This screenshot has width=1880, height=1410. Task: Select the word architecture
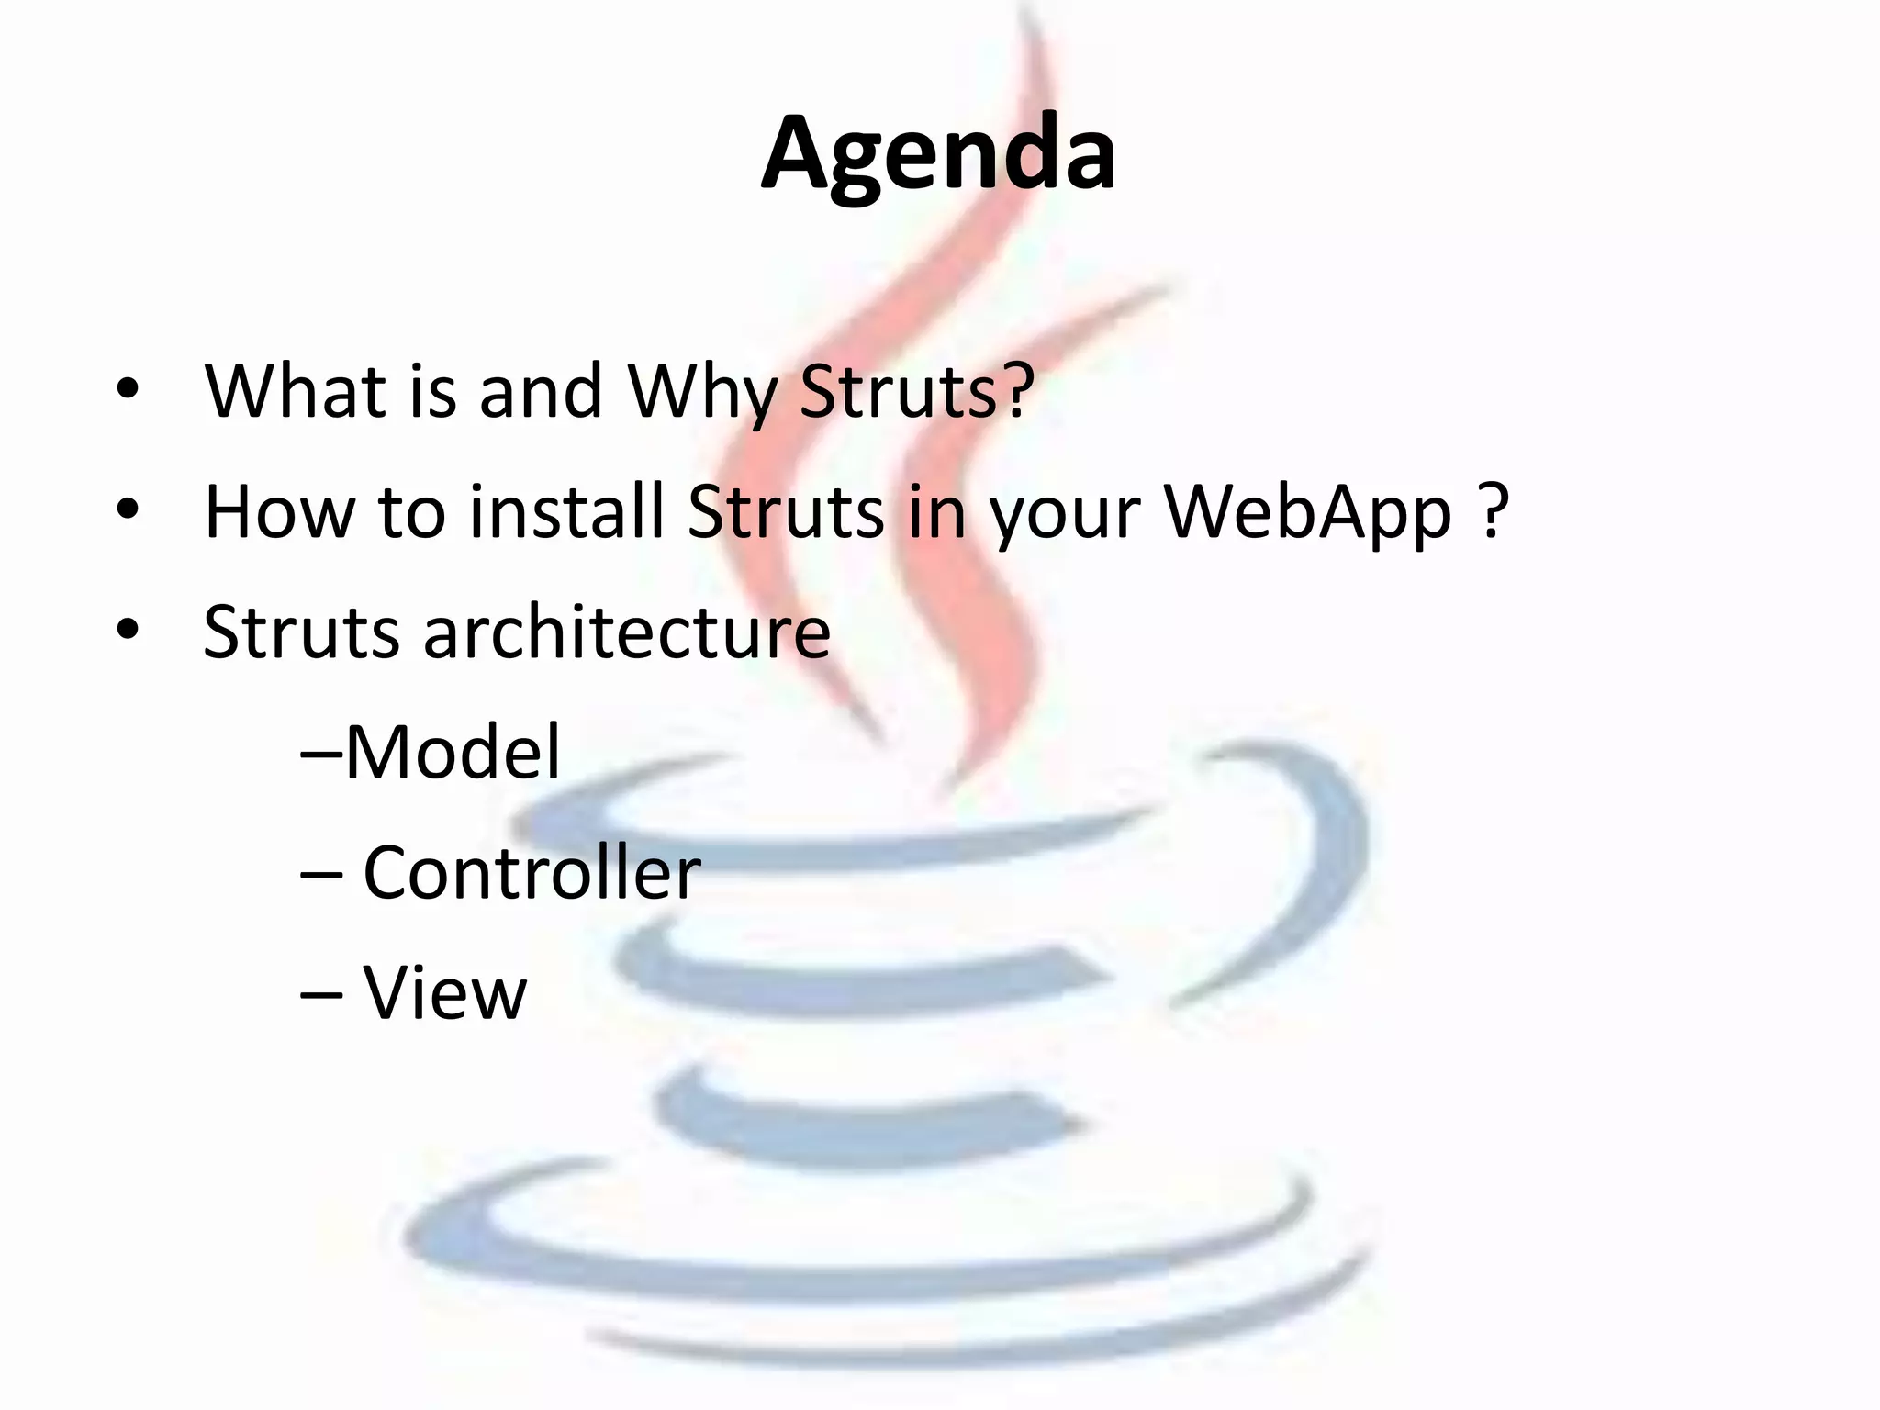pyautogui.click(x=626, y=633)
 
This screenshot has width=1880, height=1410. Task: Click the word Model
pyautogui.click(x=452, y=753)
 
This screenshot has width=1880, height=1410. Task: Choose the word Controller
pyautogui.click(x=532, y=873)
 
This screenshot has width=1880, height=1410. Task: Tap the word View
pyautogui.click(x=445, y=994)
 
